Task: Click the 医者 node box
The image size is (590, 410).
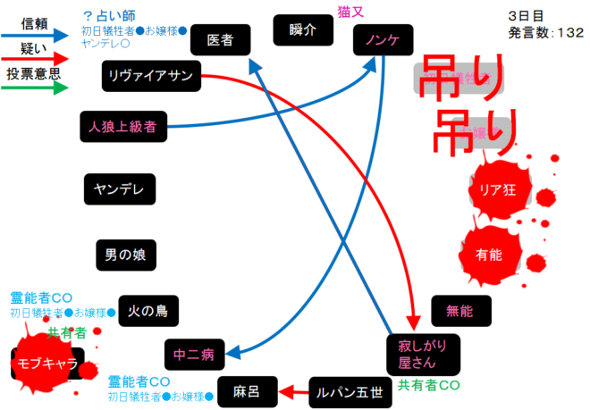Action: pyautogui.click(x=220, y=38)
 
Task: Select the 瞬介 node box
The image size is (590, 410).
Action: pyautogui.click(x=304, y=29)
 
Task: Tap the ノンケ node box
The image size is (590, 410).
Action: pyautogui.click(x=383, y=38)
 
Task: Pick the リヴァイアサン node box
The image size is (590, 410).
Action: pyautogui.click(x=151, y=75)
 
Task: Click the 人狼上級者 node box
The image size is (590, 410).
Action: pyautogui.click(x=123, y=127)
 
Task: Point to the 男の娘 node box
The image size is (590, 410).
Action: pyautogui.click(x=126, y=255)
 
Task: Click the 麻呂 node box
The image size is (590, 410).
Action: pyautogui.click(x=246, y=390)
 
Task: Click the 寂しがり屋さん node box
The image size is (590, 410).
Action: pyautogui.click(x=423, y=354)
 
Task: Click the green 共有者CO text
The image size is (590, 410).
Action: pyautogui.click(x=428, y=385)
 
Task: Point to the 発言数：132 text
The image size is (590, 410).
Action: pyautogui.click(x=545, y=33)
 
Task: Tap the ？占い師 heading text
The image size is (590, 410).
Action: pyautogui.click(x=112, y=16)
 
